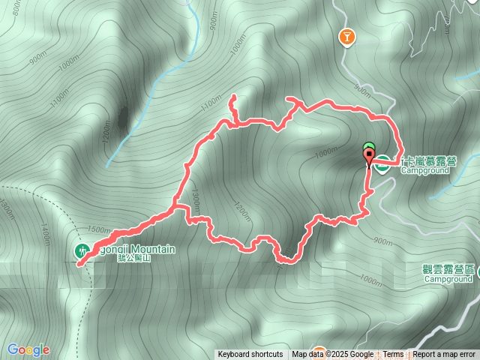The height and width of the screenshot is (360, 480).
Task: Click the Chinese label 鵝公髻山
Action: (x=134, y=259)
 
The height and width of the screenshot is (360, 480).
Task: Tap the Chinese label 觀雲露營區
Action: (x=448, y=268)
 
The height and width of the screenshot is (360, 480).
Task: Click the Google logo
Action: (x=28, y=349)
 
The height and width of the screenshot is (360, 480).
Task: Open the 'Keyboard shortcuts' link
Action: (x=250, y=355)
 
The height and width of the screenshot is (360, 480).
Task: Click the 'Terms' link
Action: (x=393, y=355)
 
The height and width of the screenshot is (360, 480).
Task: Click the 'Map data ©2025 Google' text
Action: (x=333, y=355)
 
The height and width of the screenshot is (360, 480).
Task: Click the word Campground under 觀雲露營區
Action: (x=448, y=279)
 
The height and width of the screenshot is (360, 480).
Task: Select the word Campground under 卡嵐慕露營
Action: (x=424, y=171)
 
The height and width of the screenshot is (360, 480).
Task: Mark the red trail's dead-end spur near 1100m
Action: (x=232, y=97)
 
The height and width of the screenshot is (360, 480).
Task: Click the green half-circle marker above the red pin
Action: (x=368, y=146)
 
